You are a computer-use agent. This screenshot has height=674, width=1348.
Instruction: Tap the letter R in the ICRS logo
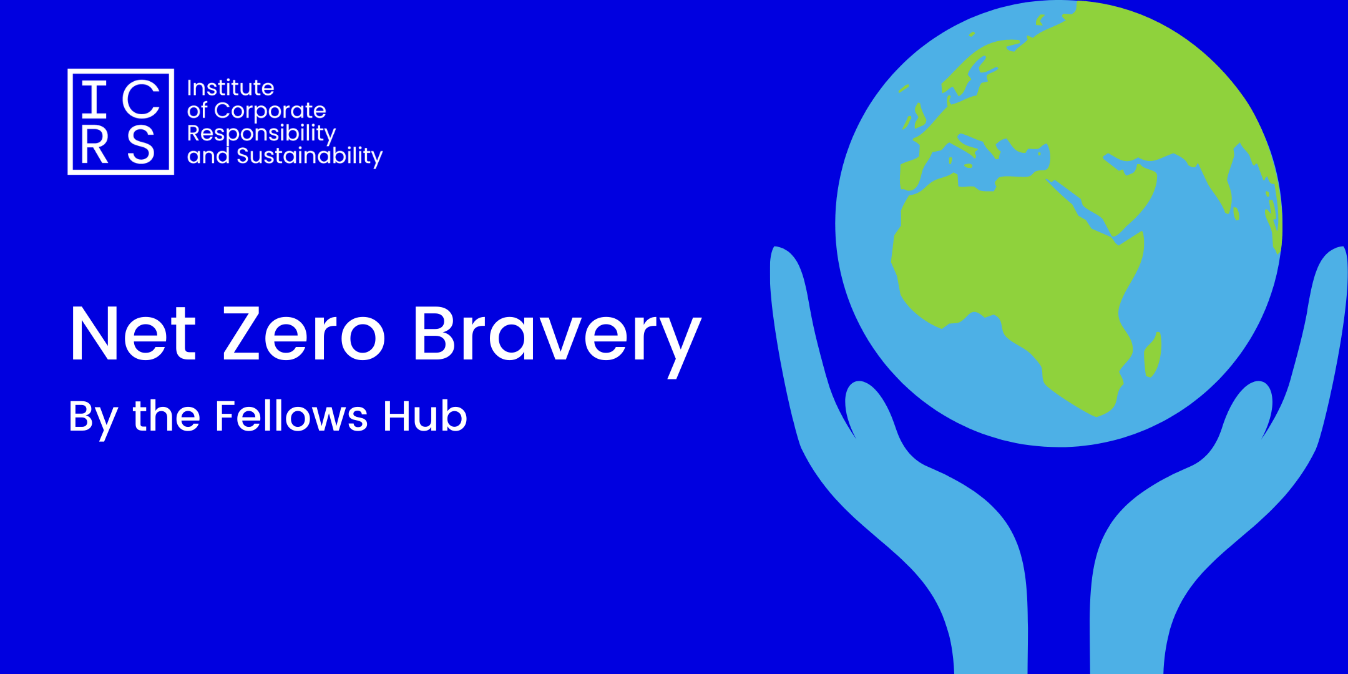coord(95,145)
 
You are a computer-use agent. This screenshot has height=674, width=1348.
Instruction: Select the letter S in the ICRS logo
coord(141,145)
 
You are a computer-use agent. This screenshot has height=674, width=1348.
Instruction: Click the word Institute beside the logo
coord(231,88)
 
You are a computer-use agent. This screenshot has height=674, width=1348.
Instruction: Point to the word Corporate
coord(270,111)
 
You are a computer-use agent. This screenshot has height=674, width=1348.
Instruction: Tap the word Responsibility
coord(261,134)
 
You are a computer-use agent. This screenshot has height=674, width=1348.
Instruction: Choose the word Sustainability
coord(310,156)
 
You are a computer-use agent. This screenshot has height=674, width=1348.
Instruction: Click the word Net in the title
coord(134,334)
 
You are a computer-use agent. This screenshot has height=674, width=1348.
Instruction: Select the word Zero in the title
coord(305,334)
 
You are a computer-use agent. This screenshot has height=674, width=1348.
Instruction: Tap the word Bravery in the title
coord(557,340)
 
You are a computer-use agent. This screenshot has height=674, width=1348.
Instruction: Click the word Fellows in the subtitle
coord(291,416)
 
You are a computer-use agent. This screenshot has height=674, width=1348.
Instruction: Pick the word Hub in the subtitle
coord(425,416)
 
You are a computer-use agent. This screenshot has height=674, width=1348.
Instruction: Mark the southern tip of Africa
coord(1096,416)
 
